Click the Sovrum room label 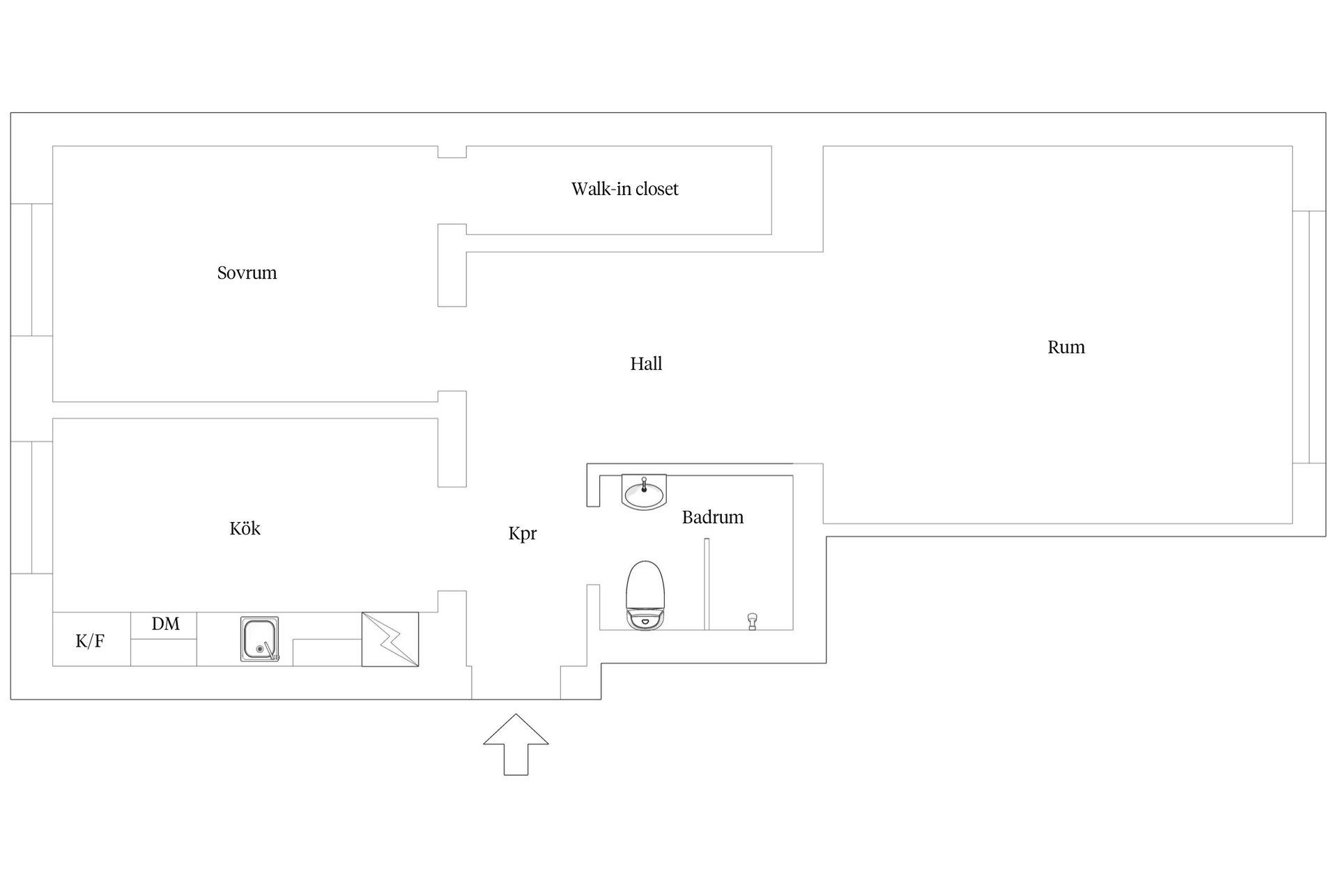click(x=247, y=272)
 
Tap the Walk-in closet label click(x=624, y=189)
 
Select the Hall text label click(x=646, y=364)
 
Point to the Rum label click(x=1066, y=347)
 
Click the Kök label click(x=245, y=528)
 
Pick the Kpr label click(x=522, y=534)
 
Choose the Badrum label click(x=712, y=517)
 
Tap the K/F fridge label click(x=90, y=641)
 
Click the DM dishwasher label click(x=165, y=624)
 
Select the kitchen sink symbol click(x=260, y=638)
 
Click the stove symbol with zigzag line click(x=390, y=639)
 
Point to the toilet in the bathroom click(x=645, y=595)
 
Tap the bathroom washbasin click(x=644, y=493)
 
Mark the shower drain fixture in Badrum click(x=752, y=621)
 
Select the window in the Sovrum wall click(x=31, y=270)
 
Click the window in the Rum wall click(x=1309, y=337)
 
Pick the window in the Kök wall click(x=31, y=507)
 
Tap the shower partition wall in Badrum click(x=706, y=584)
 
